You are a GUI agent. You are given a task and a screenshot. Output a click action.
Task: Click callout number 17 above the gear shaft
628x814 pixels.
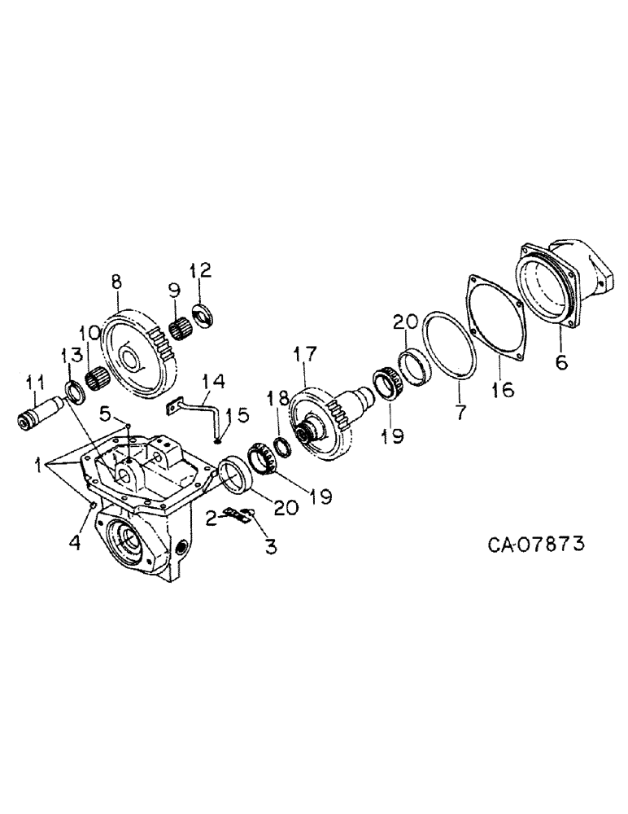click(x=305, y=356)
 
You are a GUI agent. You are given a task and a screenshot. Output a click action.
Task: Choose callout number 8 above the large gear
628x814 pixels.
click(x=116, y=282)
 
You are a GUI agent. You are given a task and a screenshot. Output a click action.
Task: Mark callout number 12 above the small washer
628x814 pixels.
click(x=200, y=269)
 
